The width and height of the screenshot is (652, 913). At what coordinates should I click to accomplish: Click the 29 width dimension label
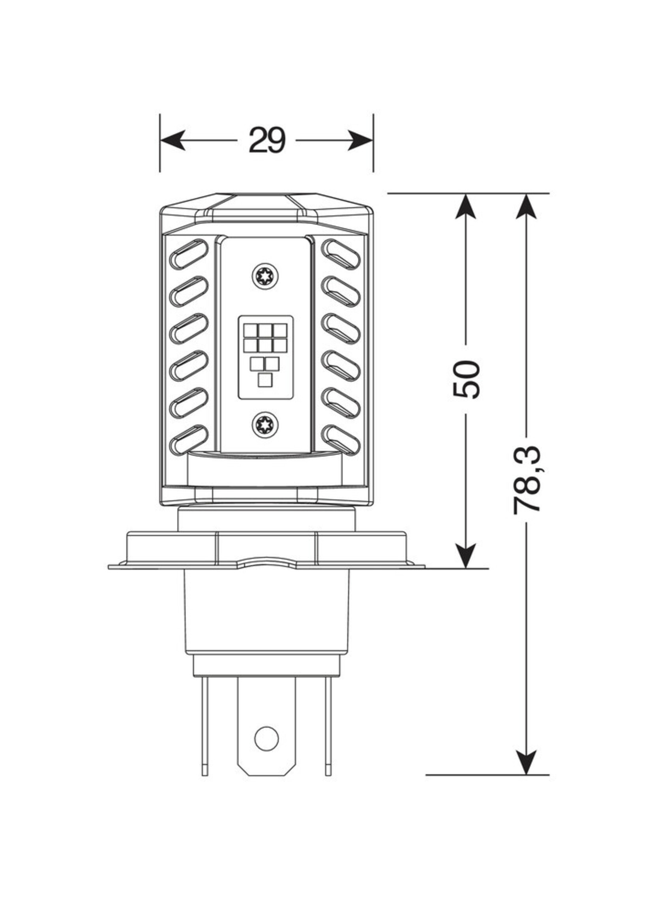(267, 140)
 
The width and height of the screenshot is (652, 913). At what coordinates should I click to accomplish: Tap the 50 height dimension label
(466, 379)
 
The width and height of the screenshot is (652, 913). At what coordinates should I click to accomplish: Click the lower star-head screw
(265, 425)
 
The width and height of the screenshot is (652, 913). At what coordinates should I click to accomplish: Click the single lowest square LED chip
(265, 380)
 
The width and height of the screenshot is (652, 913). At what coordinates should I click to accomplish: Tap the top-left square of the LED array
(251, 330)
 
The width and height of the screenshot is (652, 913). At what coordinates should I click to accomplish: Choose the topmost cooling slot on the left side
(189, 254)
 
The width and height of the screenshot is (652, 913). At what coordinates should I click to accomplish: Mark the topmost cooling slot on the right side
(341, 254)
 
